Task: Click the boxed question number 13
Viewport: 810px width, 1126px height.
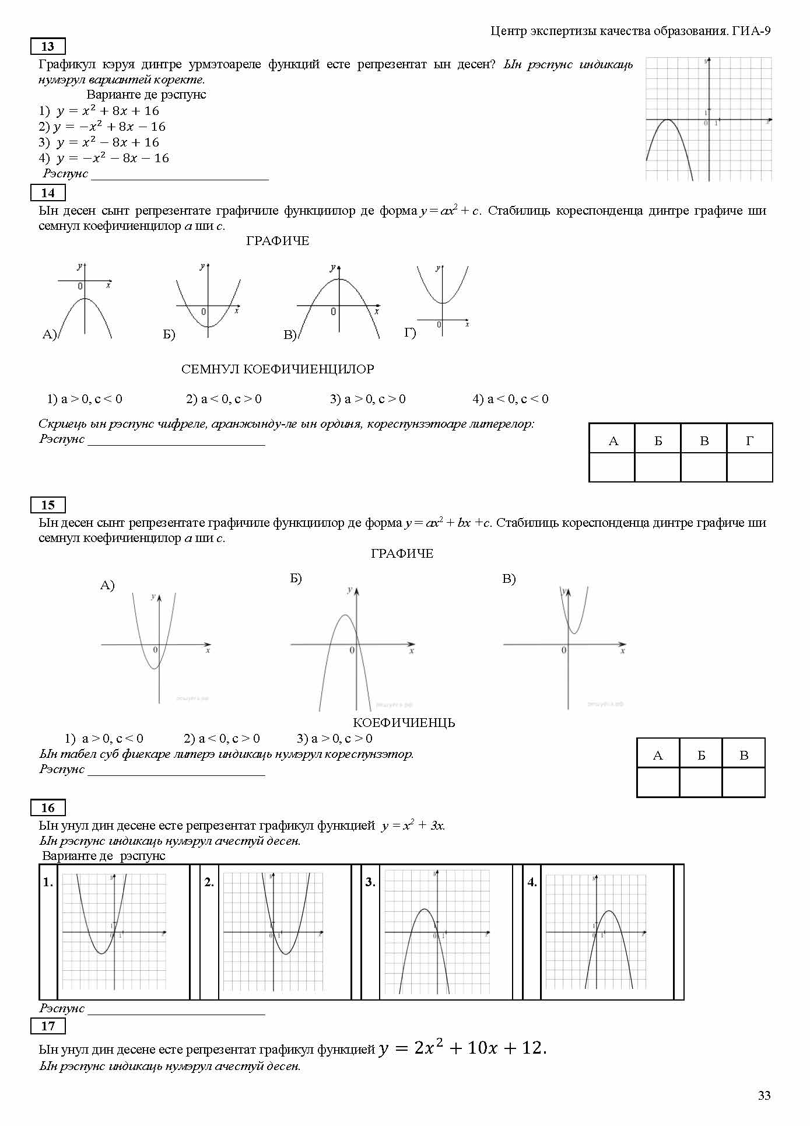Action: point(48,47)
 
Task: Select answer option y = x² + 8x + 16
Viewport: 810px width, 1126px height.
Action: point(107,111)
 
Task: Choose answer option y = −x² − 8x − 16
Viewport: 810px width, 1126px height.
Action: point(112,158)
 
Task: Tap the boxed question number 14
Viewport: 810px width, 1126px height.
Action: point(48,193)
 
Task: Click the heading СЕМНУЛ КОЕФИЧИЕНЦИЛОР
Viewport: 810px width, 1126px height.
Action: point(278,369)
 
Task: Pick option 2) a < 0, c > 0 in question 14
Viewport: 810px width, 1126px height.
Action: point(224,399)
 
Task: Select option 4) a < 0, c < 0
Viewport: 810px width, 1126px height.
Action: point(510,399)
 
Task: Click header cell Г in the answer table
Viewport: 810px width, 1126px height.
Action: point(750,441)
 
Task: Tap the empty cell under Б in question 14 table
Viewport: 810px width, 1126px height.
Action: point(658,467)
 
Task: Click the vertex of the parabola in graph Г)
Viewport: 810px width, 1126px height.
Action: point(443,303)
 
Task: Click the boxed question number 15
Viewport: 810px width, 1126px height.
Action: point(48,505)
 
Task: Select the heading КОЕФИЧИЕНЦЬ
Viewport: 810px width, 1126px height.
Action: point(404,723)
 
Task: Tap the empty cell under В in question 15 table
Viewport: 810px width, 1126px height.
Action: point(744,782)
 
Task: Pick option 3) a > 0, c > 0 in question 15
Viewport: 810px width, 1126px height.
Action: point(335,739)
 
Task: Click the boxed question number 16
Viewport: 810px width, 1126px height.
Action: point(48,808)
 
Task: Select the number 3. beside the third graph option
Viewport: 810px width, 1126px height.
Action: point(370,883)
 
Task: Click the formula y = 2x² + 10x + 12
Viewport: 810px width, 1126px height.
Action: point(462,1048)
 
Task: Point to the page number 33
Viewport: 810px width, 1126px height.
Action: point(764,1096)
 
